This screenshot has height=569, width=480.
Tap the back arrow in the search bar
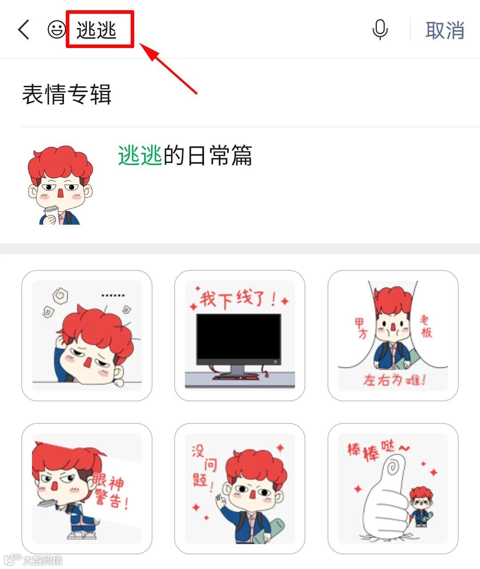[x=24, y=29]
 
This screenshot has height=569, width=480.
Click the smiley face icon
[x=56, y=29]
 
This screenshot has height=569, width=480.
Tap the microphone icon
[x=380, y=29]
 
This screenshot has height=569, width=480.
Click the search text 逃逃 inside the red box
[x=96, y=30]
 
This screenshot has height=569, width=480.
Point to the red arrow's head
[x=149, y=51]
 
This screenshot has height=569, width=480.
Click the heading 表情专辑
[x=67, y=94]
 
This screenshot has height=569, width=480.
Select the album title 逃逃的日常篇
[x=185, y=155]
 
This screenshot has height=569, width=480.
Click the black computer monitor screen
[x=239, y=336]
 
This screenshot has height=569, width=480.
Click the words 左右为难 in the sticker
[x=394, y=380]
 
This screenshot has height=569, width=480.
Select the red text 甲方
[x=361, y=328]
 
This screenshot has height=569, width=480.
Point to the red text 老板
[x=426, y=326]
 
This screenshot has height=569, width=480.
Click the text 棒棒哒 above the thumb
[x=379, y=450]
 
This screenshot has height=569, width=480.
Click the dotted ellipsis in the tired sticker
[x=113, y=295]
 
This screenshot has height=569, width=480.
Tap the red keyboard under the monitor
[x=236, y=378]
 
